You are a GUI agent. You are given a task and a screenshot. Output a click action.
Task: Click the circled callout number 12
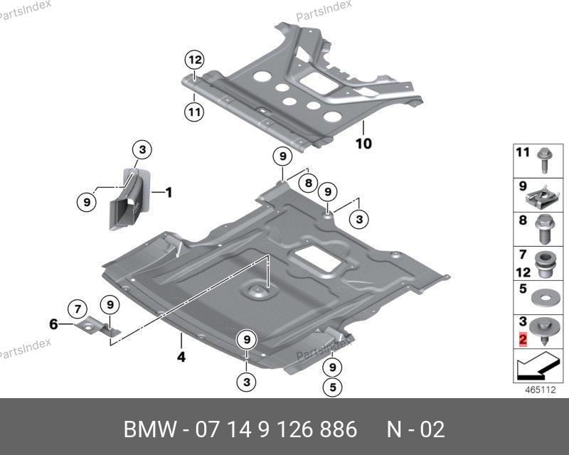tap(195, 59)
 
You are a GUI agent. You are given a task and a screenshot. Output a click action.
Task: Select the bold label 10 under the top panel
tap(363, 144)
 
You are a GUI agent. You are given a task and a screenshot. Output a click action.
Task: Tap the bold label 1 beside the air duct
tap(169, 192)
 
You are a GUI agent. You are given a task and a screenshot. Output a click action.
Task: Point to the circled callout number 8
tap(306, 183)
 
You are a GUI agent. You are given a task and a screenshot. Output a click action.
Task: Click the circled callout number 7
tap(76, 308)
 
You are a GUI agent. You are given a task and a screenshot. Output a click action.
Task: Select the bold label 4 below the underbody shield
tap(181, 358)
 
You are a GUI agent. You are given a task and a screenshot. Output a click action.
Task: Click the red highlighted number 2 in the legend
tap(523, 341)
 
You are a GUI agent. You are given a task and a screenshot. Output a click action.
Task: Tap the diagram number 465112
tap(540, 390)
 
